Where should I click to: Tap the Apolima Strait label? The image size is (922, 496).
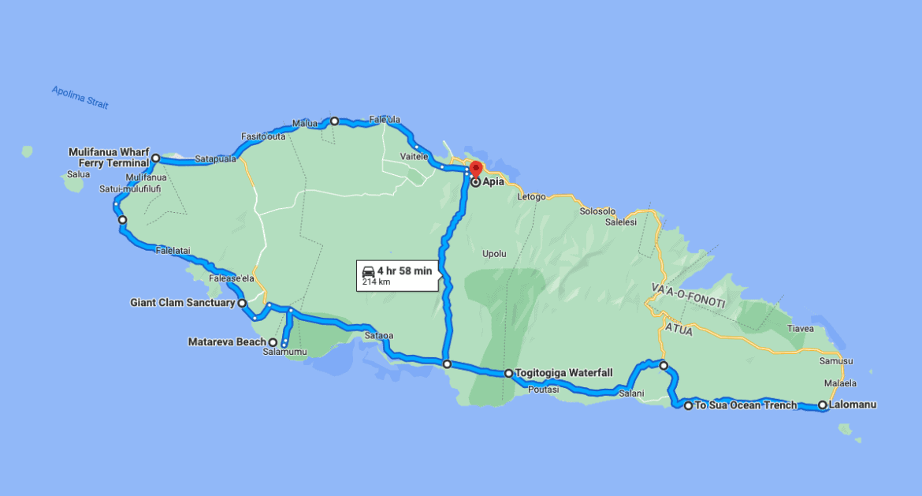80,98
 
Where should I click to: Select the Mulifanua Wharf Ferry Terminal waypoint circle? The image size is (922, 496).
156,158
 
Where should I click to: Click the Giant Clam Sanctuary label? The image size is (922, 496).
182,302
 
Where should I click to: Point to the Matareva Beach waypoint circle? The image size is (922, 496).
273,342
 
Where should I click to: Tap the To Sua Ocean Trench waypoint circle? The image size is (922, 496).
688,406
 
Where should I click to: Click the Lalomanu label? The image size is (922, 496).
853,405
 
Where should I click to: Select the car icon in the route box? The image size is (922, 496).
368,270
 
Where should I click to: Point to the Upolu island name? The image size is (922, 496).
494,254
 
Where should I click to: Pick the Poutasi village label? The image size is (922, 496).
543,390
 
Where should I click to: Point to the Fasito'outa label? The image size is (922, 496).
264,136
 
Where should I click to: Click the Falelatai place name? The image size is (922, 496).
173,251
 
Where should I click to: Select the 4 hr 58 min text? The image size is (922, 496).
404,270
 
